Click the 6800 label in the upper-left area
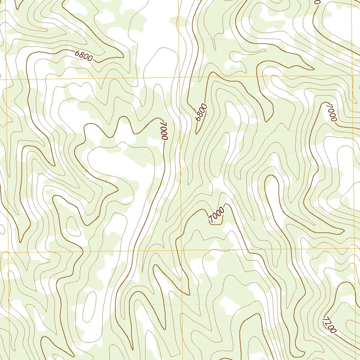tap(84, 56)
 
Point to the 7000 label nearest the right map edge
tap(332, 112)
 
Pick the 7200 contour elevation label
tap(329, 325)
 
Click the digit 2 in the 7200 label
tap(328, 323)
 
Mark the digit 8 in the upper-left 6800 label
tap(82, 54)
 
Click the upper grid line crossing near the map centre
tap(179, 77)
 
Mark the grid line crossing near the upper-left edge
tap(6, 79)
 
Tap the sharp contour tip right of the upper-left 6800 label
tap(123, 56)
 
